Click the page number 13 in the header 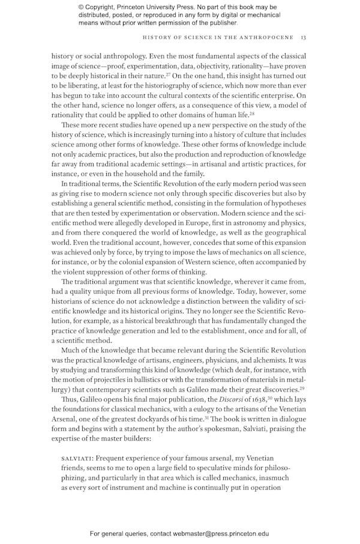(x=304, y=37)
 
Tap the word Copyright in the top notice (x=103, y=7)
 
